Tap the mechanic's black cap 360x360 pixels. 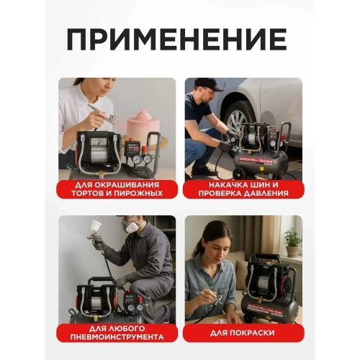coord(207,84)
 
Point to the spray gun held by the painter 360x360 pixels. coord(101,229)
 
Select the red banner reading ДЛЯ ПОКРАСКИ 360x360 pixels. coord(242,332)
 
